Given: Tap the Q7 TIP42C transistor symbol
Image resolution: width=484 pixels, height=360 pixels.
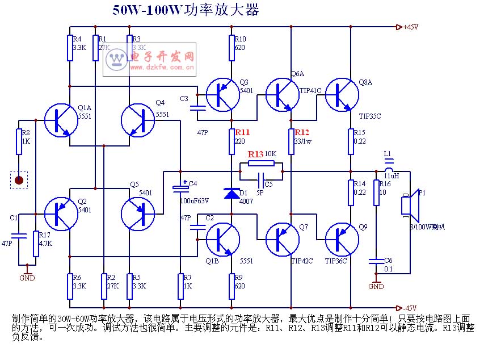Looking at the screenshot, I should (283, 239).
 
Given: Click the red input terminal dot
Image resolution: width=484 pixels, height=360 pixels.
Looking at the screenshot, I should (19, 181).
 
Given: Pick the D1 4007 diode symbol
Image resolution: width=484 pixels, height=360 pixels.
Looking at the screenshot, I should (232, 194).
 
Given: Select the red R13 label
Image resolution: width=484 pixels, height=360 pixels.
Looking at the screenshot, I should (255, 154).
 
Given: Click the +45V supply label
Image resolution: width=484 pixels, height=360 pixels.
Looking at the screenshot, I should (410, 27).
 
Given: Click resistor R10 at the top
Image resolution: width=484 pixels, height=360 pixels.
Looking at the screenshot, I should (232, 48).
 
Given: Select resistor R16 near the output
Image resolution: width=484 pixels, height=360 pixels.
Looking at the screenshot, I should (376, 192).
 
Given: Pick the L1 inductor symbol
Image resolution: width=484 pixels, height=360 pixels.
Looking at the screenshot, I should (388, 168).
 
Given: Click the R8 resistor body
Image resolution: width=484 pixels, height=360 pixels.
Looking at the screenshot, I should (19, 141).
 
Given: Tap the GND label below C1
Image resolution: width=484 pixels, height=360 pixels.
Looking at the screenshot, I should (27, 278).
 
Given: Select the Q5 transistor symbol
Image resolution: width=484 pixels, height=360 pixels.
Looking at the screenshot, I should (138, 214).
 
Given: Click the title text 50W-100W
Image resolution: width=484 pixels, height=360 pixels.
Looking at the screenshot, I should (145, 11).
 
